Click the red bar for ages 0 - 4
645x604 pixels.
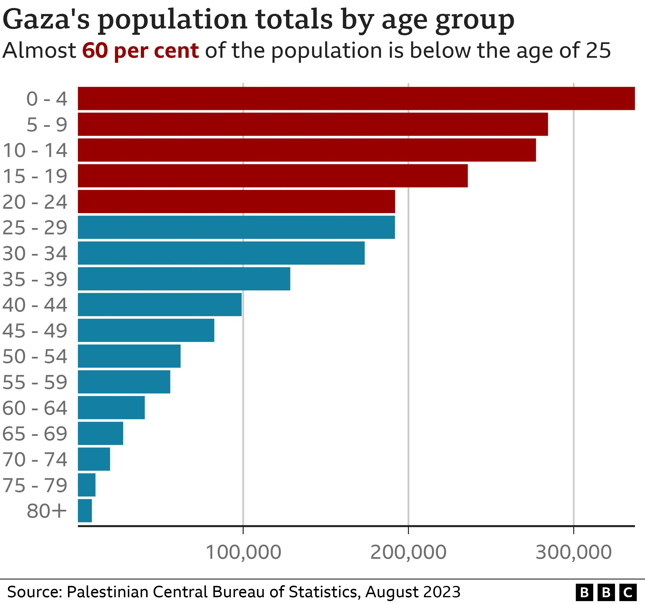pos(356,99)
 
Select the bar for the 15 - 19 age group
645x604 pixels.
pos(272,176)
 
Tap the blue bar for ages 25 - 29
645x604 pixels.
pos(236,227)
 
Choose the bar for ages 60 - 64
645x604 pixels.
pos(111,408)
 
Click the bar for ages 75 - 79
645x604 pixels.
pos(87,485)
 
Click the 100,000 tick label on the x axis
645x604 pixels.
pos(243,552)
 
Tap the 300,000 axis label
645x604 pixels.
pos(573,552)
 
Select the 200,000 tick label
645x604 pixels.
pos(408,552)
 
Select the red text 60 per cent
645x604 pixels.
pos(140,51)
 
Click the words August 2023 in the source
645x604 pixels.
pos(413,592)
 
